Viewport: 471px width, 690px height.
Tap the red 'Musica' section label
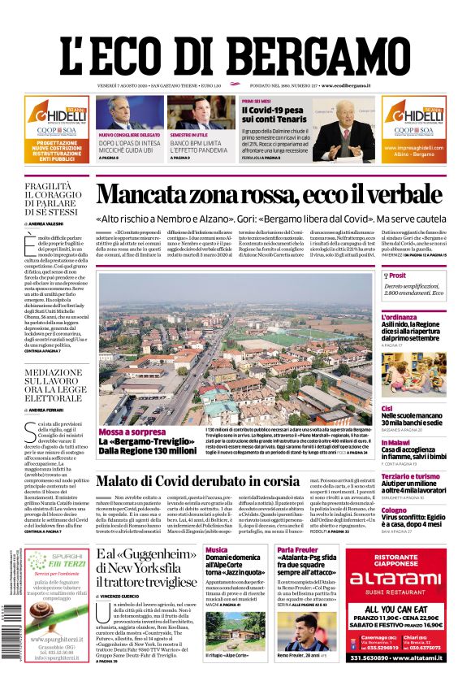click(217, 550)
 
